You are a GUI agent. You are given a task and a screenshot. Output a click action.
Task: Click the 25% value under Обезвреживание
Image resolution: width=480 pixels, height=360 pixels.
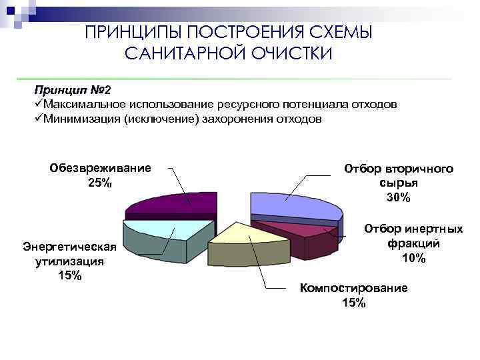coord(100,183)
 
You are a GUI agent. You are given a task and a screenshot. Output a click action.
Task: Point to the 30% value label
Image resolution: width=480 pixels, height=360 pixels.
coord(399,198)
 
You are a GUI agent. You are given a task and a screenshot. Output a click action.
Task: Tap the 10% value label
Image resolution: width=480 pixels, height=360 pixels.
coord(413,259)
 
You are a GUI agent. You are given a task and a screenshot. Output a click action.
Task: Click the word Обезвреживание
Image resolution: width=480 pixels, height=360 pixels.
coord(100,168)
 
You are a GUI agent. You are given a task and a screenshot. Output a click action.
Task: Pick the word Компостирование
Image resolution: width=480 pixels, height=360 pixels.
coord(353,288)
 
